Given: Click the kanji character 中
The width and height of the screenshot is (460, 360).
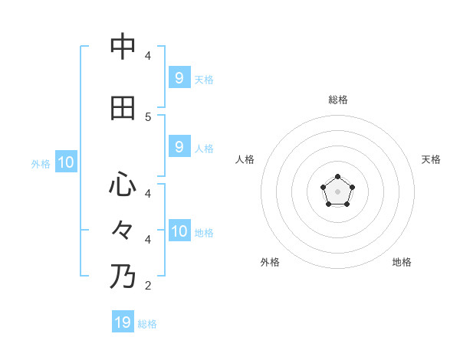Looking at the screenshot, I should [x=123, y=47].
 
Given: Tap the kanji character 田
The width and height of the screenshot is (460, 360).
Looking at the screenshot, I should [x=123, y=108].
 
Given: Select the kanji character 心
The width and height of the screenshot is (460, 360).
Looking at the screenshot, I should [x=123, y=184].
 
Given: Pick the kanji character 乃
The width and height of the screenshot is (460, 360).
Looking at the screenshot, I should [x=123, y=276].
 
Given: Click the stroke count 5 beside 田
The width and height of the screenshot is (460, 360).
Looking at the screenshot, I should [x=148, y=116].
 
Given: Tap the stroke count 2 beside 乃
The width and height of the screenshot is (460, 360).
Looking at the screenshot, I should [x=148, y=286].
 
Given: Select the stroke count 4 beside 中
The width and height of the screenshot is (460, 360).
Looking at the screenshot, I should [x=148, y=56].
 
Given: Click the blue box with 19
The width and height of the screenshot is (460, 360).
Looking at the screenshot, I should [x=123, y=322].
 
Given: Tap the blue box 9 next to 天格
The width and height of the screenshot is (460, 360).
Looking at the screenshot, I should [x=179, y=77].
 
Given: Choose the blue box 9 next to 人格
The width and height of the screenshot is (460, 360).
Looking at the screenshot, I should [x=179, y=146].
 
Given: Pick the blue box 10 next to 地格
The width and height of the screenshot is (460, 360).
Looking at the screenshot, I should [x=179, y=231].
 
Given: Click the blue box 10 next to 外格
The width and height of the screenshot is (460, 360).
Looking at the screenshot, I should [x=66, y=162].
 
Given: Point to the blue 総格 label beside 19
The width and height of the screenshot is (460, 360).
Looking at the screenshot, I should [x=147, y=324].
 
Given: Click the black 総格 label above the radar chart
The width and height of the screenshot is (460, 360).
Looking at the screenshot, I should [x=338, y=100].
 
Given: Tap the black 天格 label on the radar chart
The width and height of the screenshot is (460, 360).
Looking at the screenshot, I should [x=431, y=159].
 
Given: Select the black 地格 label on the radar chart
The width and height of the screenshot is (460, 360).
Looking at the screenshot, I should [x=402, y=262].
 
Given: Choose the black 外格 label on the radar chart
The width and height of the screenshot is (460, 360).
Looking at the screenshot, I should [x=270, y=262].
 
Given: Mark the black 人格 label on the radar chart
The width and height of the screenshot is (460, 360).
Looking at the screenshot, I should [x=245, y=159].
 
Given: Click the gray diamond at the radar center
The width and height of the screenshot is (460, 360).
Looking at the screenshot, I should [x=337, y=191].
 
